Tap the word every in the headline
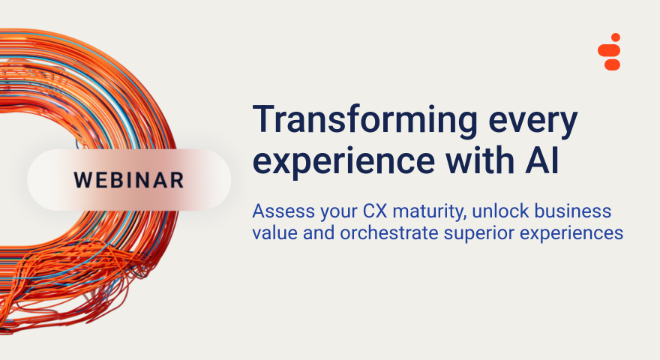[533, 123]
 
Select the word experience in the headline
[343, 163]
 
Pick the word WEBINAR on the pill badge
[129, 180]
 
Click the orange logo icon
[609, 51]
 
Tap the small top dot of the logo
[616, 37]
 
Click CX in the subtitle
[375, 211]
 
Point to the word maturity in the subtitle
[430, 211]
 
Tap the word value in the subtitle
[274, 232]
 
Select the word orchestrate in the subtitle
[389, 232]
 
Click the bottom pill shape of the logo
[613, 64]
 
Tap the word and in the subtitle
[319, 232]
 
